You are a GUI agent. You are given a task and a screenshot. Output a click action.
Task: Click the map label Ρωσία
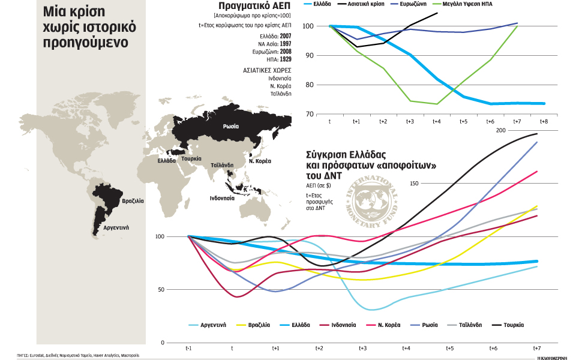click(x=230, y=127)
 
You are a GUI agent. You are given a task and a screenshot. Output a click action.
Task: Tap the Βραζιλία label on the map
click(x=133, y=202)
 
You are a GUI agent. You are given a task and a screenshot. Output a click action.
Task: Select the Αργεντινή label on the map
click(x=117, y=228)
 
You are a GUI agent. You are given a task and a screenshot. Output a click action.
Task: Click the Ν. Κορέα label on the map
click(x=260, y=161)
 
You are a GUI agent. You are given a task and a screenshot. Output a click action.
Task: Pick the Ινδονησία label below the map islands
click(x=222, y=197)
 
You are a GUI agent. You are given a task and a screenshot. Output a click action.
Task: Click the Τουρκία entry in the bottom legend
click(x=514, y=325)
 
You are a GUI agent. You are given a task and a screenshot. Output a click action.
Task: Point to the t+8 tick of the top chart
click(x=544, y=121)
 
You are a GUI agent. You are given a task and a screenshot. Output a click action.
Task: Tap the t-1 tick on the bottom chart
click(x=189, y=348)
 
